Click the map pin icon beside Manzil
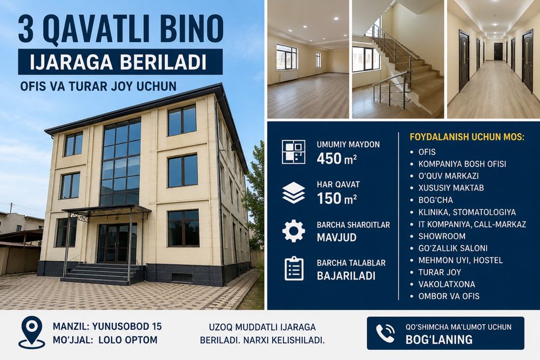point(32,332)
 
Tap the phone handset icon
point(385,334)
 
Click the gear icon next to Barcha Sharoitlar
point(293,231)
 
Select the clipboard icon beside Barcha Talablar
point(294,268)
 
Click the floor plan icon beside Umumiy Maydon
point(293,152)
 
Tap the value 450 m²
point(336,159)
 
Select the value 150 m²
point(336,199)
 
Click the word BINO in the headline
point(190,29)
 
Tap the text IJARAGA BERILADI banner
point(118,62)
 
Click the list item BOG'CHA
point(436,200)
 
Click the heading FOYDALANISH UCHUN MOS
point(467,137)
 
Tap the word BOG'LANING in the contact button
point(439,339)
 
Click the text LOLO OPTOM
point(128,340)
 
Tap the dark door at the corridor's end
point(498,52)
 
